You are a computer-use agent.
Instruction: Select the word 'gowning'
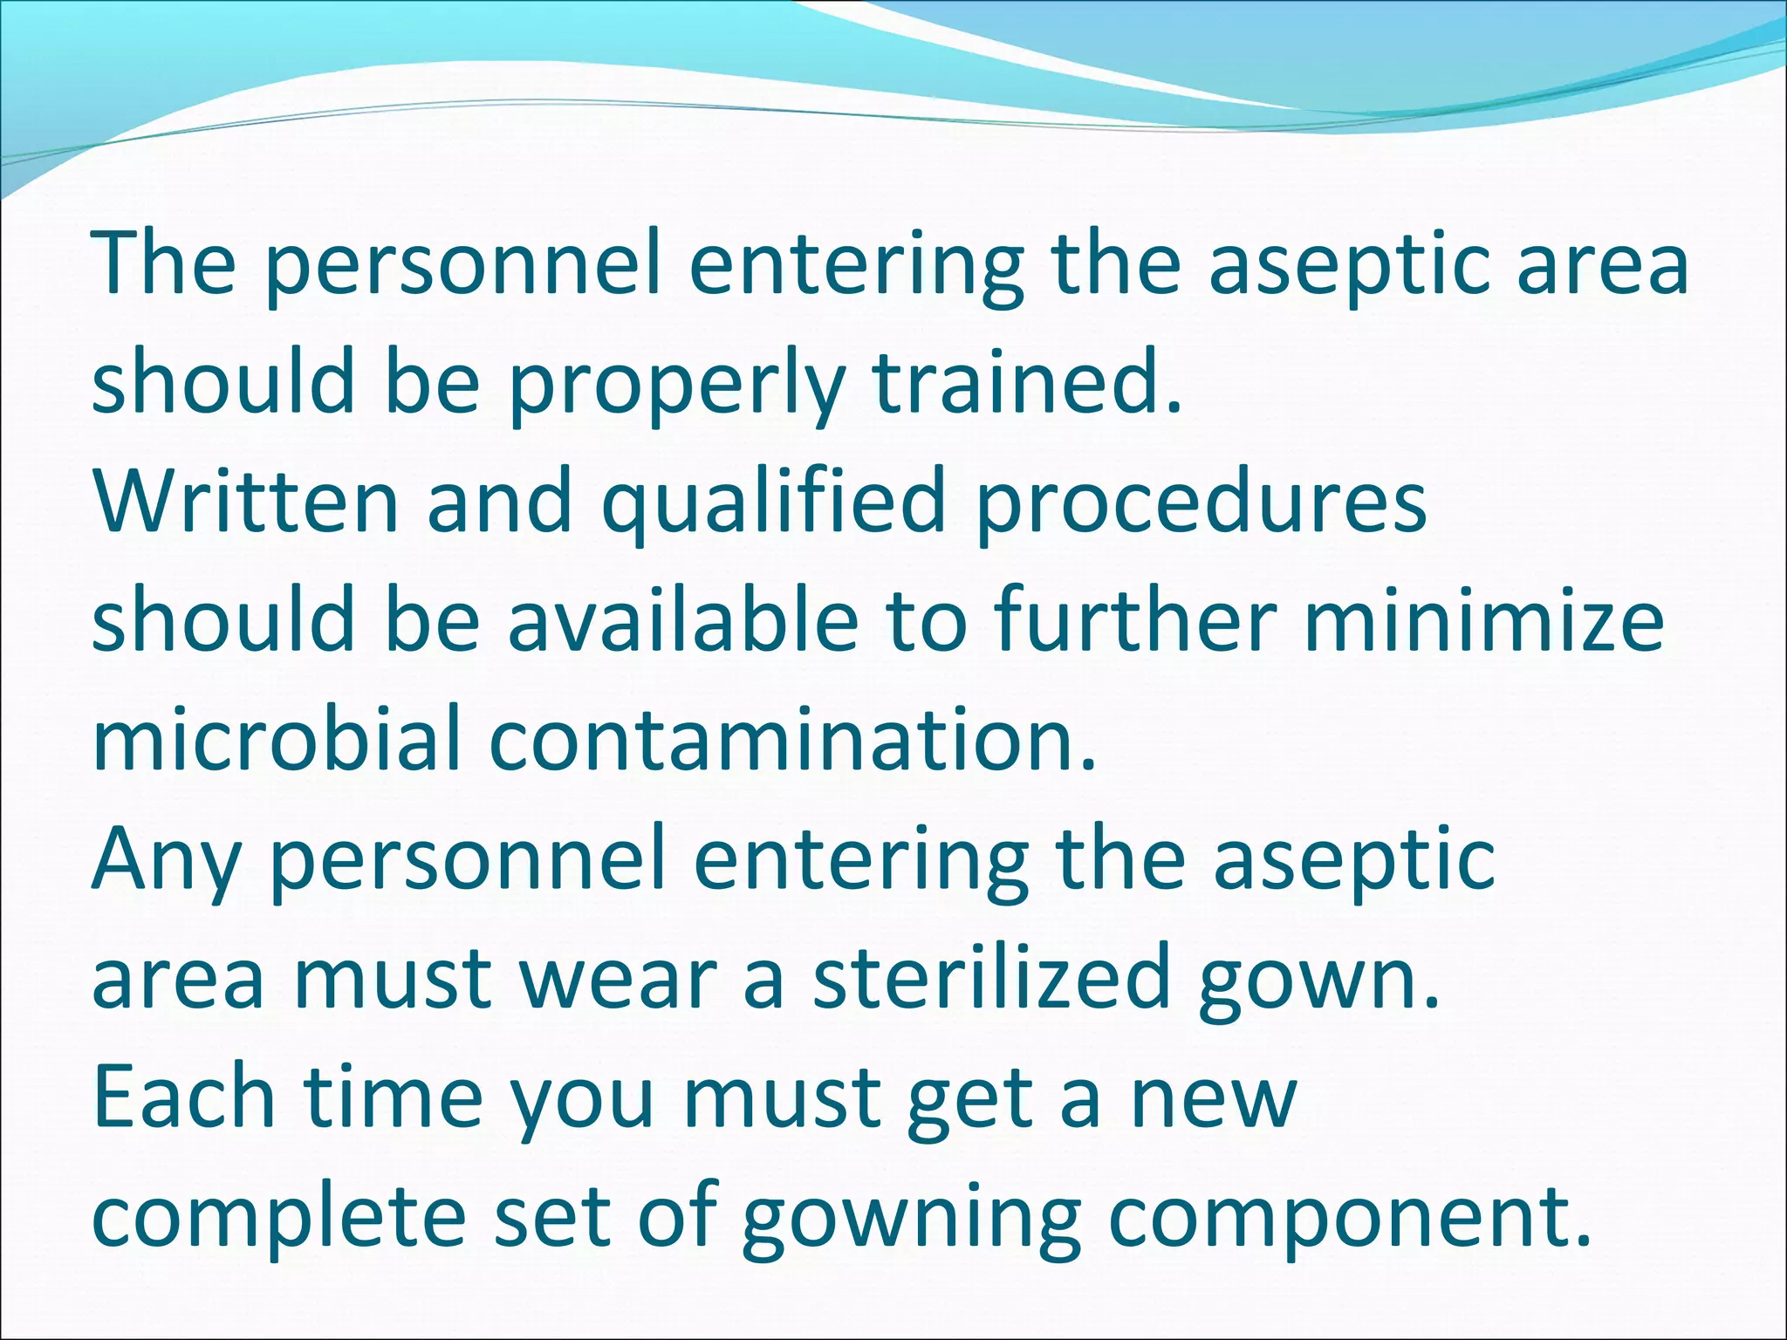(911, 1220)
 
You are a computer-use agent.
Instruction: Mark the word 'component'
(1339, 1220)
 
